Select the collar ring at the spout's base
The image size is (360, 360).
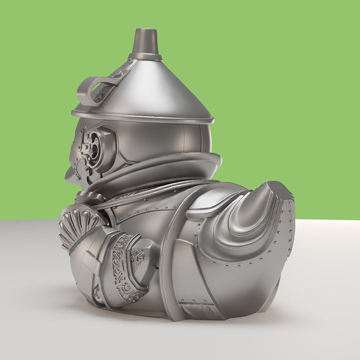coord(145,57)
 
